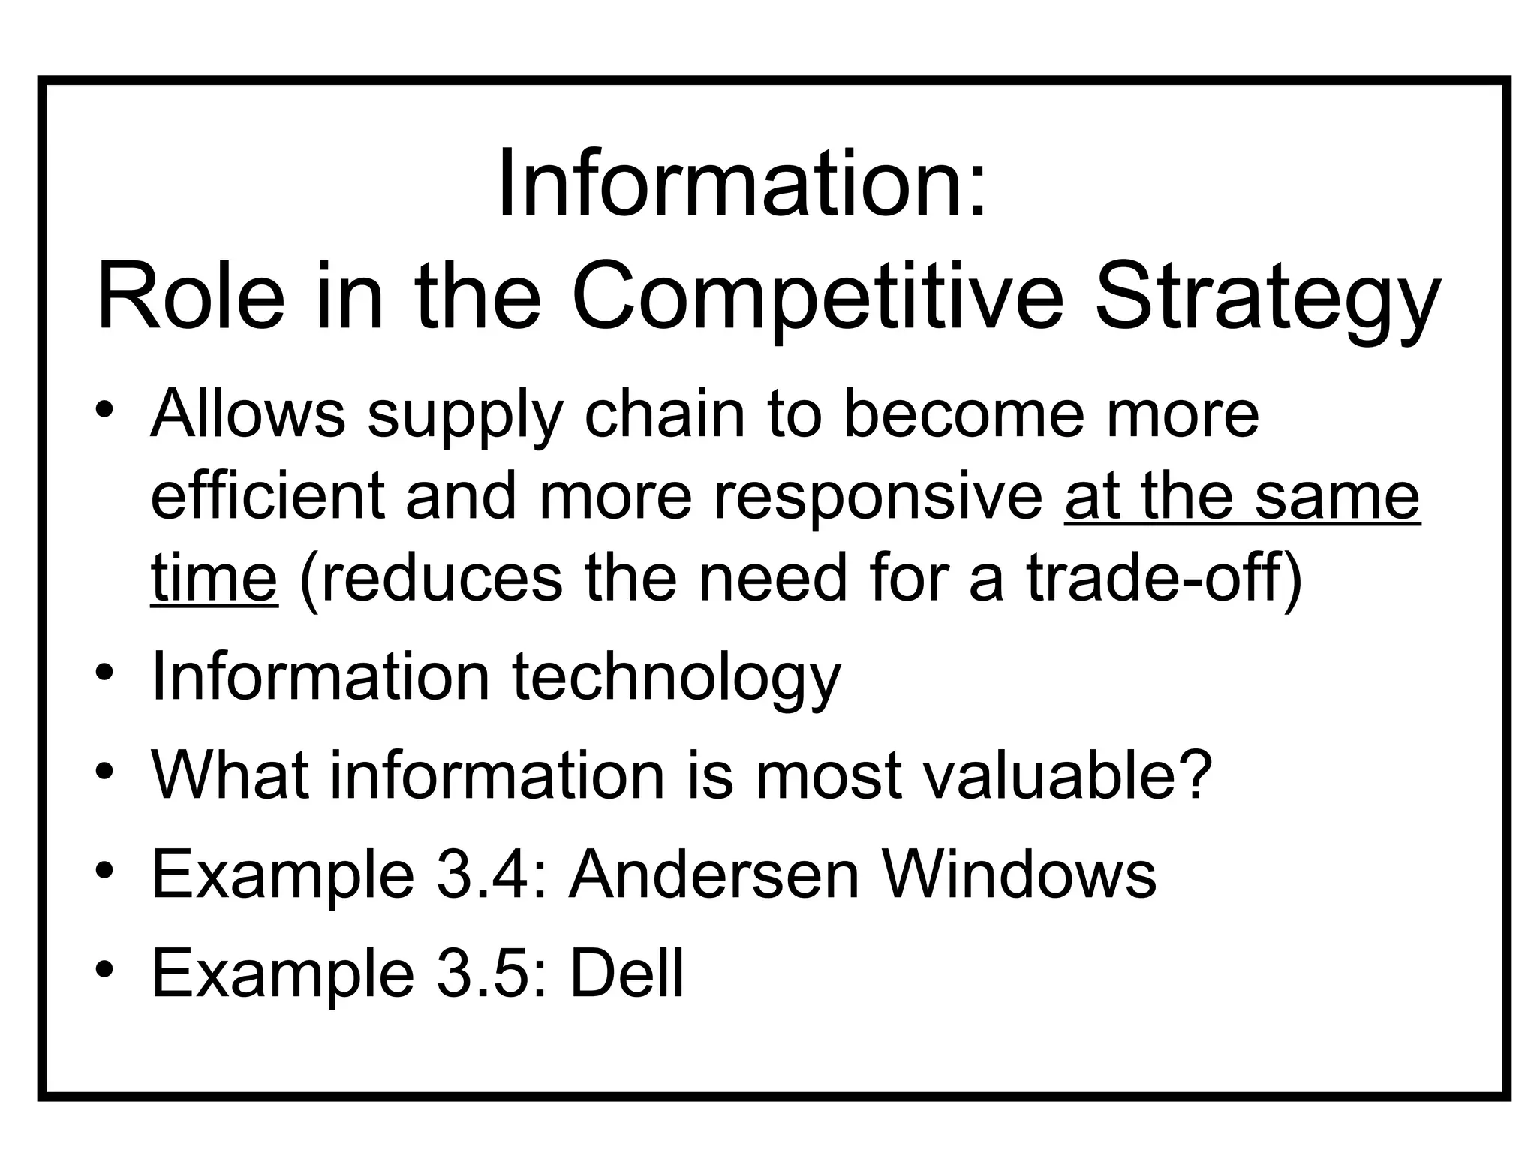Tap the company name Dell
point(627,973)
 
